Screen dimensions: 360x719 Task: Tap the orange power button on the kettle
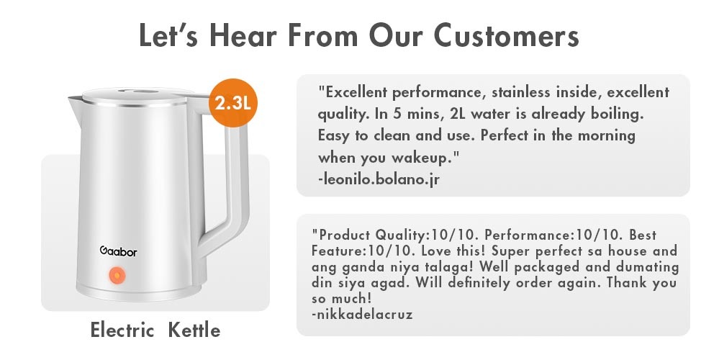click(x=115, y=275)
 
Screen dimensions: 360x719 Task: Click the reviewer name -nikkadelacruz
click(x=363, y=314)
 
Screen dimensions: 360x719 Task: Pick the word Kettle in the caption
click(x=194, y=330)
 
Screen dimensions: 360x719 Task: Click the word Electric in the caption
click(x=122, y=330)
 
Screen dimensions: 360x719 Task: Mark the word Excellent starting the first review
click(x=355, y=93)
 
